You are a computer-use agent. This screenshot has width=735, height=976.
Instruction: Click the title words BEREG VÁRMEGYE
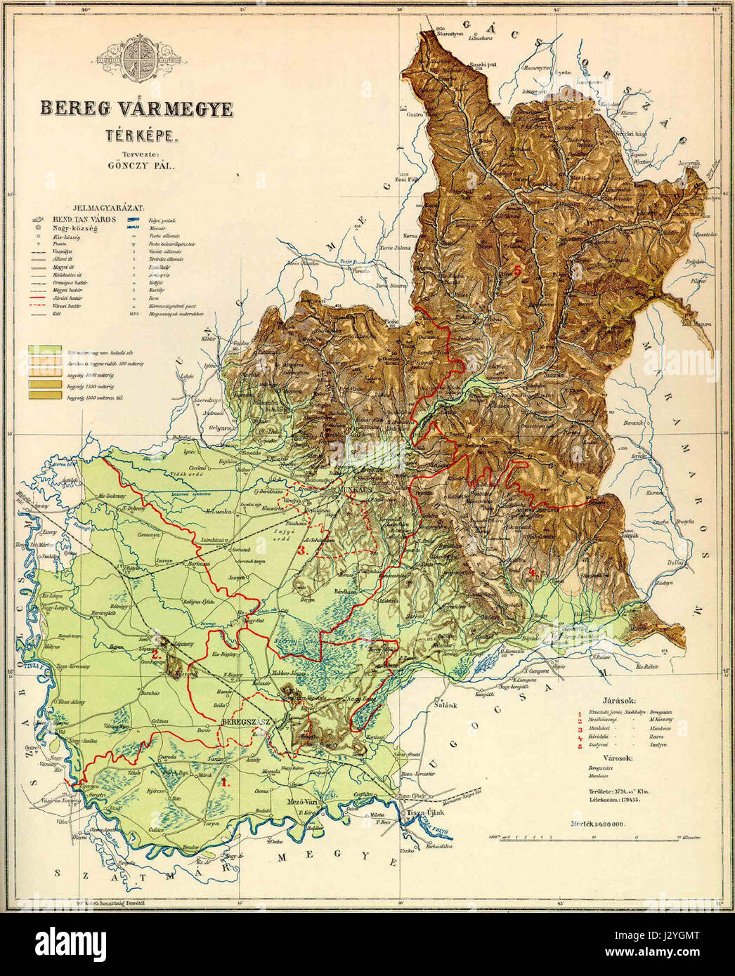[136, 110]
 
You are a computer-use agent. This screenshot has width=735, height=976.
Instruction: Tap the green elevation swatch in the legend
[44, 349]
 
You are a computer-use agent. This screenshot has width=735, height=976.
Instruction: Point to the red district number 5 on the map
[518, 270]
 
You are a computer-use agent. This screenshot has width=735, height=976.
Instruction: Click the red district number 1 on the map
[224, 780]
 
